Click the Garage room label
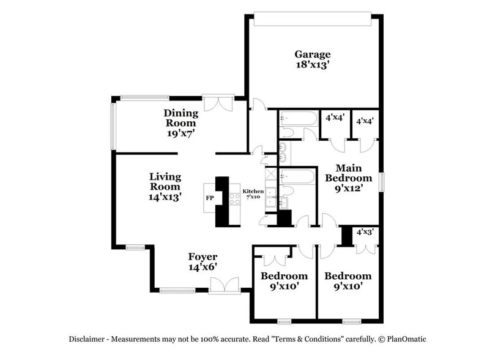[313, 54]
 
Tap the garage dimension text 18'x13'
[313, 64]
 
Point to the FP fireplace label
[210, 198]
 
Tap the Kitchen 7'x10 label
[253, 194]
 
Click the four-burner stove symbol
[233, 198]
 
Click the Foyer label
[203, 257]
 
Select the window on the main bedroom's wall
[382, 182]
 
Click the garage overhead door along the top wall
[313, 20]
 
